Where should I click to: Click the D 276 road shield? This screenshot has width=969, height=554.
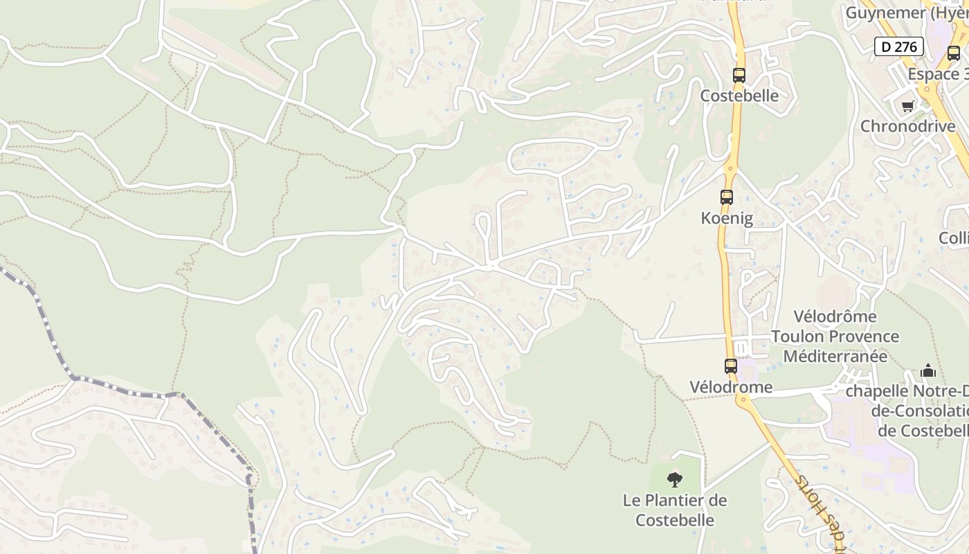point(899,46)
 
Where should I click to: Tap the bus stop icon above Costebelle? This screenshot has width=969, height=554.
point(739,75)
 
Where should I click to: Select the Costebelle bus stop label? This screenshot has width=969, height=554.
point(739,96)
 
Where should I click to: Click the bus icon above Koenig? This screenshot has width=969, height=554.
point(727,197)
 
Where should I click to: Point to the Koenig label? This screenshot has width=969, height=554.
point(727,218)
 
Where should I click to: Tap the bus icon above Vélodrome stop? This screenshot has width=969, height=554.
point(731,366)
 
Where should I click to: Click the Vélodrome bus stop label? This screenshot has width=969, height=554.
point(731,387)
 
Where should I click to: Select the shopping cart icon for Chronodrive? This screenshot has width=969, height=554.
point(907,107)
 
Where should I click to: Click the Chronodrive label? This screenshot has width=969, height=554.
point(907,127)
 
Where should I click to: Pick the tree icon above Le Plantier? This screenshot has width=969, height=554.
point(674,479)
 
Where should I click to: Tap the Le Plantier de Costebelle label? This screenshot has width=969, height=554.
point(675,510)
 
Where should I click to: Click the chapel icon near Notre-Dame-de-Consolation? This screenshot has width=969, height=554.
point(928,371)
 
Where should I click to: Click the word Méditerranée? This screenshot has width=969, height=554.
point(835,357)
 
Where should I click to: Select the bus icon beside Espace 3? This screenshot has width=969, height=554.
point(953,53)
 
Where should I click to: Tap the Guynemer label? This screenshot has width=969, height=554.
point(887,12)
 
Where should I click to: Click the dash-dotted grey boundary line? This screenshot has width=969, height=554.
point(125,386)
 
